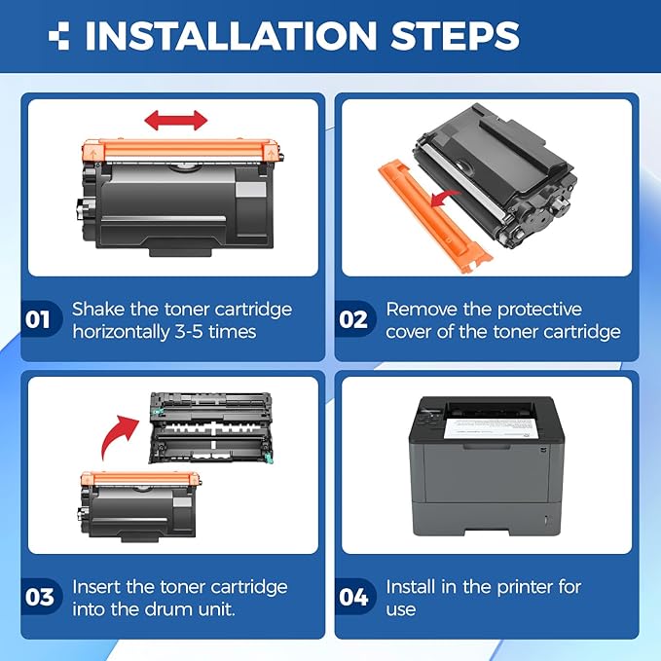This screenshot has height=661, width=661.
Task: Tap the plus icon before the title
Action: [x=59, y=36]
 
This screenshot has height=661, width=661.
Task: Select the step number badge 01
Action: [x=40, y=320]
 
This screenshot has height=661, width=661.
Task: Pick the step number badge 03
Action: [x=40, y=597]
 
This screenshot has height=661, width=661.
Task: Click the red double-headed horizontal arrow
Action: [x=176, y=122]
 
